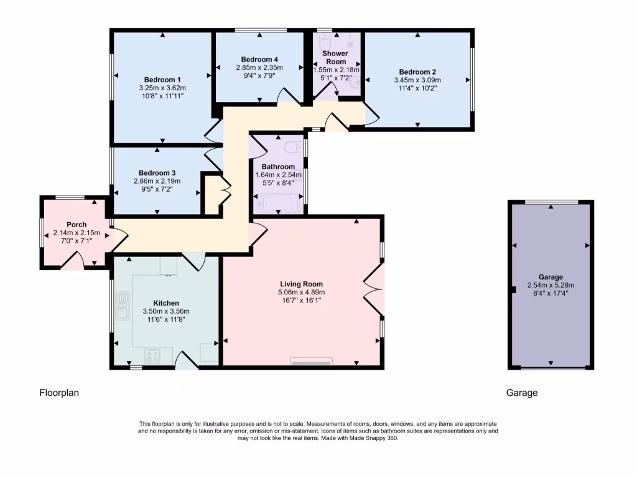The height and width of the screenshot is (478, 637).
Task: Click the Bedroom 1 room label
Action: (x=162, y=80)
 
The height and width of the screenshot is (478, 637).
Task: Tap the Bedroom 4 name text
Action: (x=259, y=59)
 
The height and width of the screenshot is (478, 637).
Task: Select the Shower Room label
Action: (x=335, y=57)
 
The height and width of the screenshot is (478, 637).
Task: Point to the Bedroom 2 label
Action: (x=417, y=72)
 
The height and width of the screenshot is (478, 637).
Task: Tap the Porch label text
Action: (x=77, y=225)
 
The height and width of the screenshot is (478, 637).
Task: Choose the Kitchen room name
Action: (x=166, y=302)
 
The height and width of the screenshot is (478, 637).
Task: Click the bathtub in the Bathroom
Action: (x=278, y=203)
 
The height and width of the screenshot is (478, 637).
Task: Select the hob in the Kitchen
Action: (x=153, y=355)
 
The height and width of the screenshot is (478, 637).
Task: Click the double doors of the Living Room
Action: (x=373, y=288)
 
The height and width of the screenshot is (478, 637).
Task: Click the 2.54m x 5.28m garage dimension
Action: (x=551, y=285)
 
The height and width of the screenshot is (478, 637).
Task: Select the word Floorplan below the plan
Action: (x=60, y=393)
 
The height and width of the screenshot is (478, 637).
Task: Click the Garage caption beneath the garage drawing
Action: (x=521, y=393)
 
